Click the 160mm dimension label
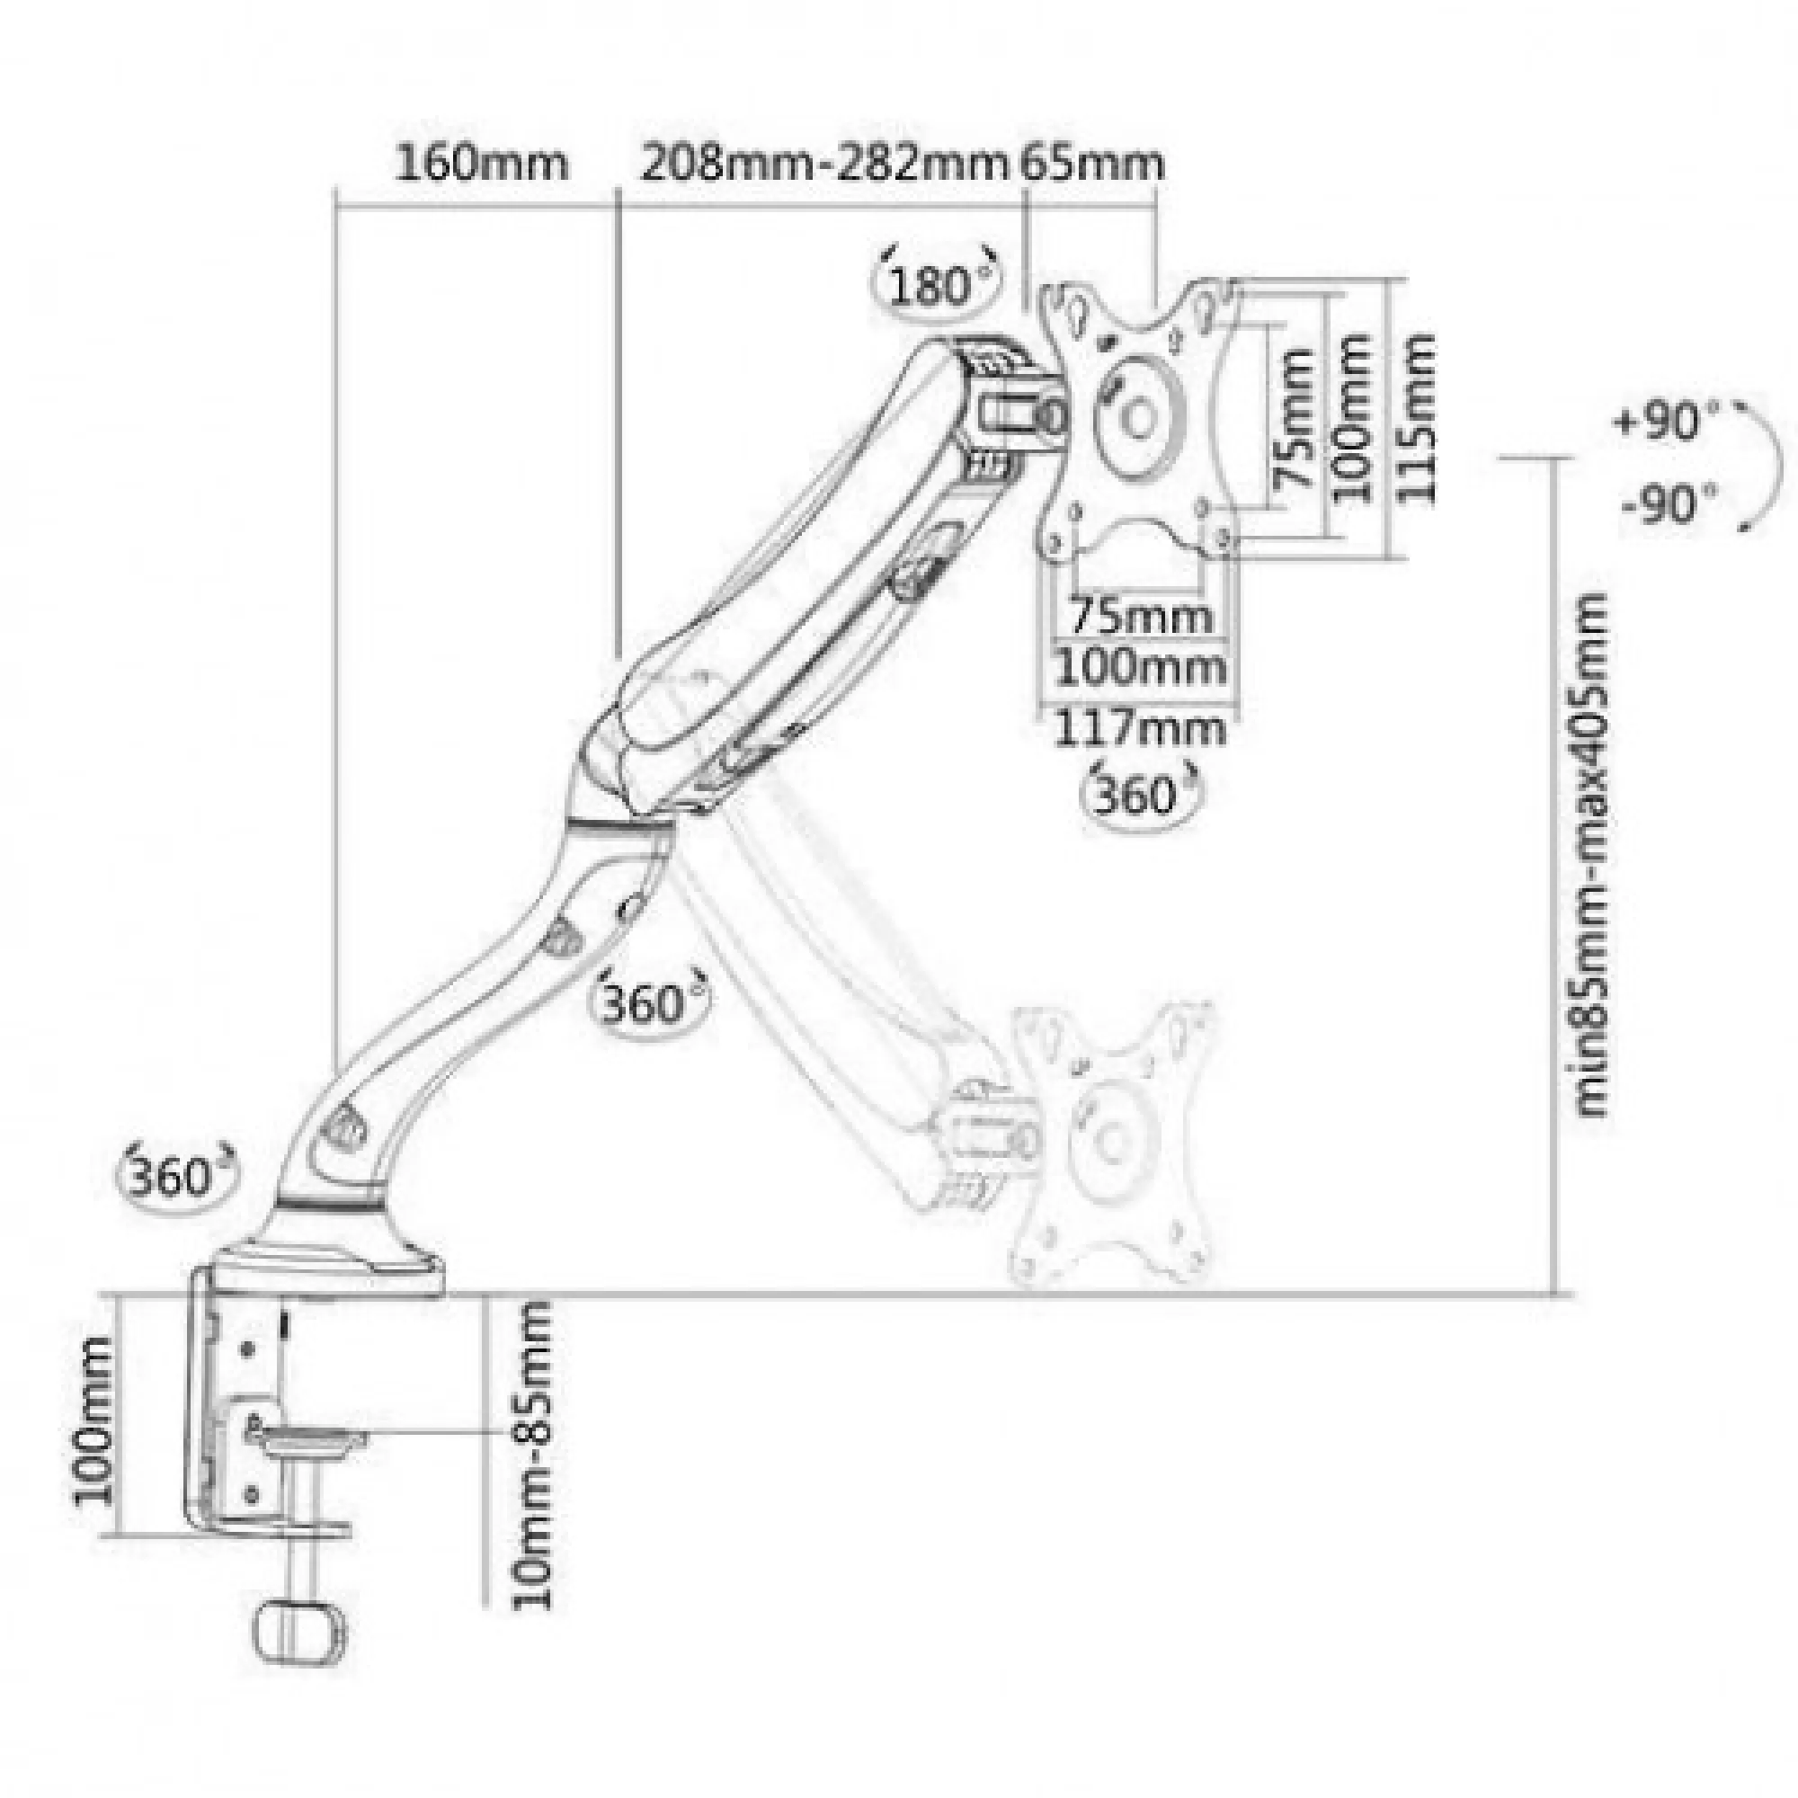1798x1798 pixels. click(x=481, y=164)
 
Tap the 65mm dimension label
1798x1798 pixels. click(x=1092, y=164)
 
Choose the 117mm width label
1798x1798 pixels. click(x=1140, y=728)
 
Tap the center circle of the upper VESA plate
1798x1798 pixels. click(x=1137, y=419)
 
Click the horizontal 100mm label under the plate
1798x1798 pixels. click(x=1140, y=667)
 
